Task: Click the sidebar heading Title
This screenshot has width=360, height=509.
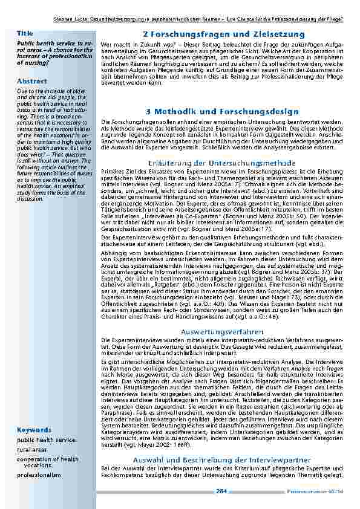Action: pos(25,33)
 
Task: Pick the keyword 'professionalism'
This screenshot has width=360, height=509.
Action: pos(39,475)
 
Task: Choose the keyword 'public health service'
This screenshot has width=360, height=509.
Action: pos(46,440)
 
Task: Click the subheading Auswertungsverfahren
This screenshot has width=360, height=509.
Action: pos(223,332)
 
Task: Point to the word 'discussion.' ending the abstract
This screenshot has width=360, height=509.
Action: pos(31,198)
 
